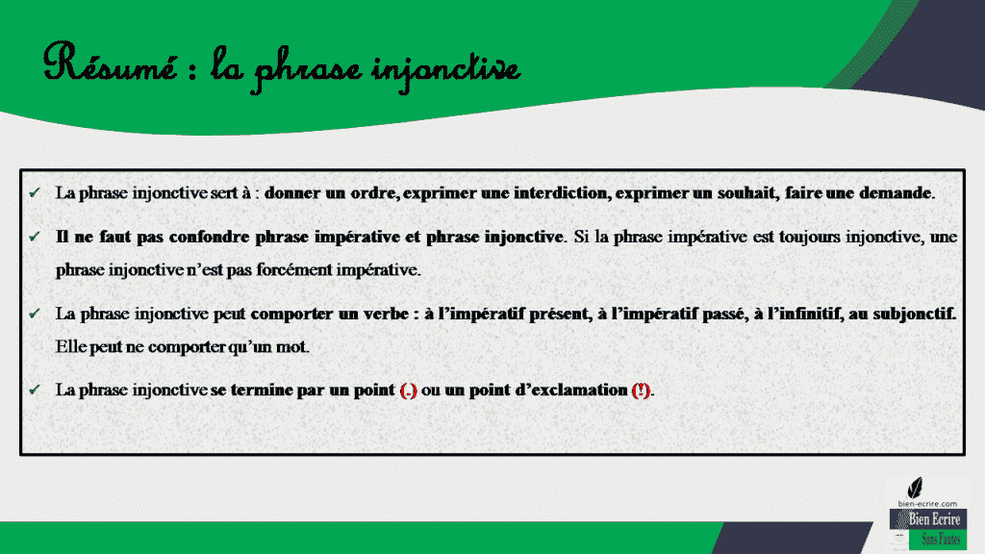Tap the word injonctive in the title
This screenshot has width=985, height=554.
(x=451, y=69)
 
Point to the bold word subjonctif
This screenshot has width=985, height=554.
(x=914, y=314)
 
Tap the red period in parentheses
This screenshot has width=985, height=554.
(x=408, y=390)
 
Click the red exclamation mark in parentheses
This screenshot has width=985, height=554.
(x=641, y=390)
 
